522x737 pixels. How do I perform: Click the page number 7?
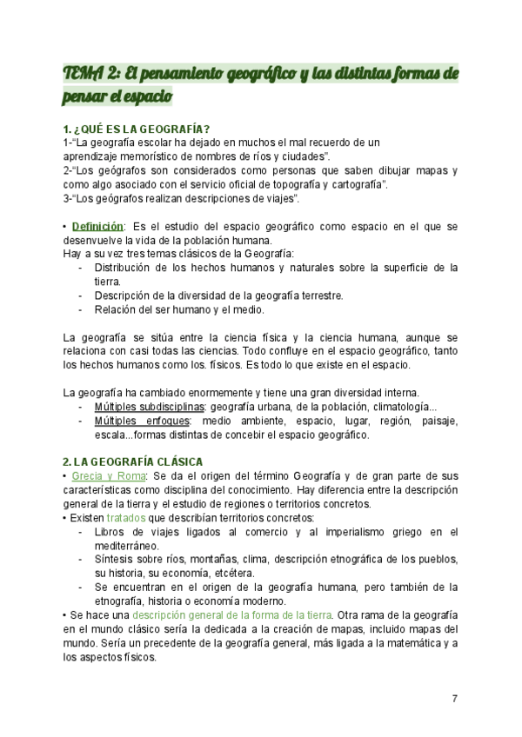point(455,699)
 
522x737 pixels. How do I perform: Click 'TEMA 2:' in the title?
point(93,75)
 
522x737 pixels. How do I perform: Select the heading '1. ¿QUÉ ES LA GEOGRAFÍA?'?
point(136,129)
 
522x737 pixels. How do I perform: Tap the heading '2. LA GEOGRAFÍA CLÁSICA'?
point(133,461)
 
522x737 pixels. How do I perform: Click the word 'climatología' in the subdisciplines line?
point(394,407)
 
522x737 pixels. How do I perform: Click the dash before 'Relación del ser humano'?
point(80,309)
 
